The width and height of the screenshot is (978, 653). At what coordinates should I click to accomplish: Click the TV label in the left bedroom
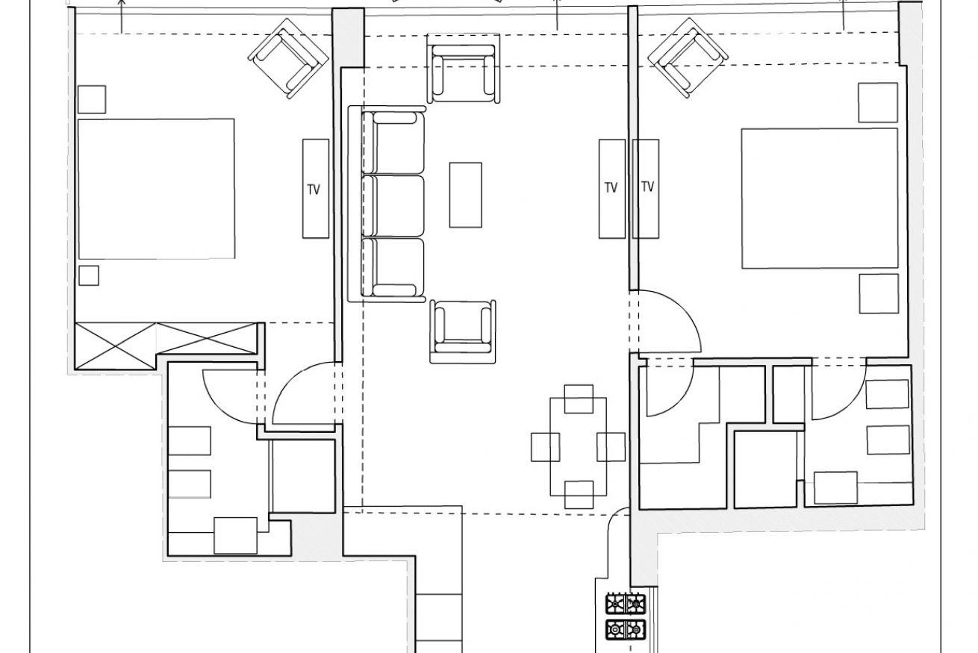(x=314, y=190)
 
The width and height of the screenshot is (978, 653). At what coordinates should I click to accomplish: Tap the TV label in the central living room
(x=611, y=188)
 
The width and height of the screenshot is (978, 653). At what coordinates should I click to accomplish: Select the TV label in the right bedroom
(x=647, y=187)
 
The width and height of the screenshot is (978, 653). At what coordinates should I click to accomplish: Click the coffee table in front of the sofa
(x=465, y=195)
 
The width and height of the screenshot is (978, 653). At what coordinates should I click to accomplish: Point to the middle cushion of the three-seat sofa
(x=393, y=206)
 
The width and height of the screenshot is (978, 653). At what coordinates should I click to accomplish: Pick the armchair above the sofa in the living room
(x=463, y=69)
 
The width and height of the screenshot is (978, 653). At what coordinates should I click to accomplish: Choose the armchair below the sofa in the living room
(x=463, y=332)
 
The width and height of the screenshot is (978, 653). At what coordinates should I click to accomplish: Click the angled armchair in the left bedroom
(x=288, y=58)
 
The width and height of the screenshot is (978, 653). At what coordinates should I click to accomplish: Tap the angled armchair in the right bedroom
(x=688, y=57)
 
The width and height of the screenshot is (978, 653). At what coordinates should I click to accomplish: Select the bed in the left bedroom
(x=156, y=189)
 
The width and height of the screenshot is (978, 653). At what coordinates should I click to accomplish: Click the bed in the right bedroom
(x=820, y=199)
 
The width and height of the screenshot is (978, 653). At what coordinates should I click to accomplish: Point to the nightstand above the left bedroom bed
(x=92, y=99)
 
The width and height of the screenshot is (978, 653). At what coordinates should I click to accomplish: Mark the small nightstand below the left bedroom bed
(x=89, y=275)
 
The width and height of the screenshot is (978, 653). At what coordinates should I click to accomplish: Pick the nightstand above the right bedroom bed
(x=878, y=102)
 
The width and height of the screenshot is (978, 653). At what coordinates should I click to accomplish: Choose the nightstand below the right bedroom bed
(x=879, y=294)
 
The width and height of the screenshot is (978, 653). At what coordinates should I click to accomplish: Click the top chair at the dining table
(x=579, y=399)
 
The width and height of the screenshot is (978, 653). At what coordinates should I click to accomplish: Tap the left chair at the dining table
(x=545, y=447)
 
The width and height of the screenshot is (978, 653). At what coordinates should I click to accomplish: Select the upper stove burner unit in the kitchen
(x=625, y=604)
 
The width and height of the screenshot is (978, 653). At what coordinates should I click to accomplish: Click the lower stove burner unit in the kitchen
(x=625, y=630)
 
